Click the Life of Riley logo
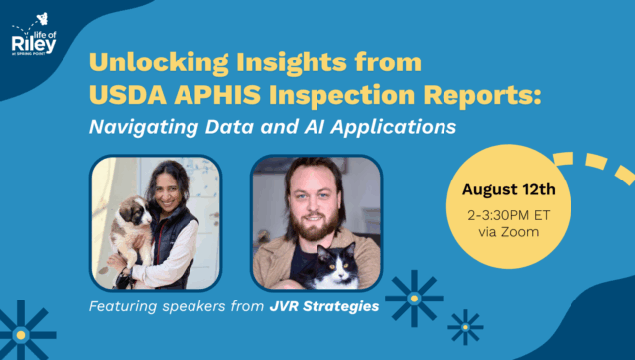point(35,37)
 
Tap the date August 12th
point(506,188)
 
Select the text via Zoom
point(506,233)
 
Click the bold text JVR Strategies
point(323,307)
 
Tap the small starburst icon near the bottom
point(464,325)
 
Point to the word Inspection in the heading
point(343,95)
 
